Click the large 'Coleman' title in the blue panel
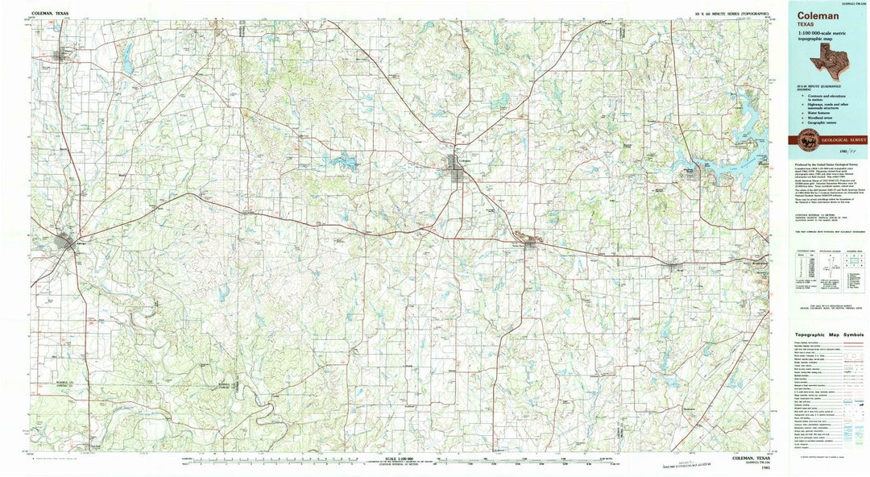(817, 15)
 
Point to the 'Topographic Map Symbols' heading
(828, 334)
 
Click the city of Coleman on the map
(453, 166)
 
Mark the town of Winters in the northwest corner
(61, 56)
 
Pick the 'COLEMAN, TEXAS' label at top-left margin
(50, 14)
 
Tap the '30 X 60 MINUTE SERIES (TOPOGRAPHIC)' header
(731, 14)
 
